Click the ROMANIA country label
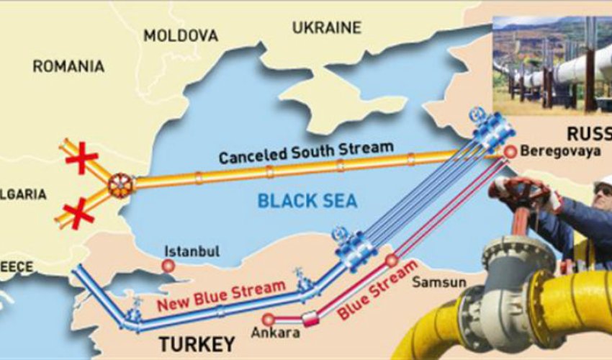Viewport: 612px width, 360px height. (x=68, y=66)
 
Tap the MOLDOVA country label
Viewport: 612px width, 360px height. (x=180, y=35)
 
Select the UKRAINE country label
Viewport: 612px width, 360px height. (x=326, y=28)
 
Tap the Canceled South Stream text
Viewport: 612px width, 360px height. (x=306, y=152)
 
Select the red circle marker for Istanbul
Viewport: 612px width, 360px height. (x=168, y=265)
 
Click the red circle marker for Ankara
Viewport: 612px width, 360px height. (x=268, y=318)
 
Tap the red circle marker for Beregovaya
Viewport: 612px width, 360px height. (x=510, y=151)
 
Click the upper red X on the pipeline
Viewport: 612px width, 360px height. (x=81, y=158)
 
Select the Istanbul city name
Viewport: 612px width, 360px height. (x=192, y=251)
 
